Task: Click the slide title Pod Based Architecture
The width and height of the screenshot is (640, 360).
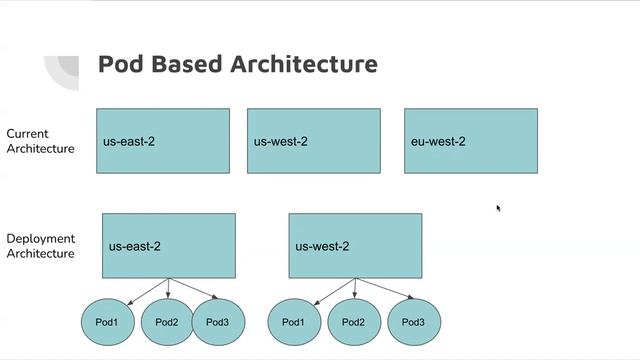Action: pos(237,64)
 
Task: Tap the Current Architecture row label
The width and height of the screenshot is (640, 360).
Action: pos(40,141)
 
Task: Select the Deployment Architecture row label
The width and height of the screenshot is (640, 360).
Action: pos(40,246)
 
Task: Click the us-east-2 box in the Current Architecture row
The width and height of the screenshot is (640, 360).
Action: pos(162,141)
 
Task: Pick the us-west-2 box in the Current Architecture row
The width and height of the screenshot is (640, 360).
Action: pos(313,141)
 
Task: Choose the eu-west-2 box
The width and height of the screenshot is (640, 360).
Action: pos(470,141)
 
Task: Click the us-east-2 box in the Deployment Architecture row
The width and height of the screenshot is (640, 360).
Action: pos(168,245)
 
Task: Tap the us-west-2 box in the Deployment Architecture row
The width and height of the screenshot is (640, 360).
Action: pos(355,245)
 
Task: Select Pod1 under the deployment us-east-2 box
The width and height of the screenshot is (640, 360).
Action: pos(107,322)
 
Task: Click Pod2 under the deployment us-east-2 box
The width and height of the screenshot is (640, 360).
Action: pos(167,322)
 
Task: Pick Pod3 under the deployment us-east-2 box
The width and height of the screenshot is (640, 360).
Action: pos(217,322)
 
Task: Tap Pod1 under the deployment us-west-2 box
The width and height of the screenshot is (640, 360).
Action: pos(293,322)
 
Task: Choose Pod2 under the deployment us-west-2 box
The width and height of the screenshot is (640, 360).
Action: pos(353,322)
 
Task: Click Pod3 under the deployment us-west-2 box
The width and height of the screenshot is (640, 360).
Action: pos(413,322)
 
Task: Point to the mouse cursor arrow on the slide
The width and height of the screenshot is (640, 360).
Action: pos(498,208)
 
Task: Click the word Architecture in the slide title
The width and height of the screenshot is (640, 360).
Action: pos(304,64)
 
